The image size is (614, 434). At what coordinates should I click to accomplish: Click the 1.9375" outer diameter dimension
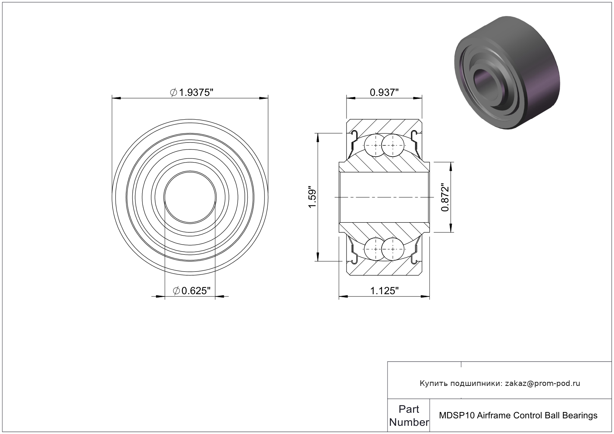point(191,92)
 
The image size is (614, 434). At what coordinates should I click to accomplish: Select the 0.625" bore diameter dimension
point(192,291)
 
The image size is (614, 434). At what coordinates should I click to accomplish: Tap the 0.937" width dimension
point(384,92)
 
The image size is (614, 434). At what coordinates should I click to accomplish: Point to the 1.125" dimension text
point(384,291)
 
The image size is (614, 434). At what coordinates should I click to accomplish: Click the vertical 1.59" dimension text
point(312,198)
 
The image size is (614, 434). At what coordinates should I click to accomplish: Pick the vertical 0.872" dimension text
point(445,197)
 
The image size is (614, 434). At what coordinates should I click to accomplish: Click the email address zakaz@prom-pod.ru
point(542,383)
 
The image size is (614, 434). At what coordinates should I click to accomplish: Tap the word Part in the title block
point(409,409)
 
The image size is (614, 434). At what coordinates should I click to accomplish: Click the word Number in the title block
point(409,422)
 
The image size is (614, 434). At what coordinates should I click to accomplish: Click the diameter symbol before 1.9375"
point(173,92)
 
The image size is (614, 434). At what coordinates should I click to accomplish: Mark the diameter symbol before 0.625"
point(176,291)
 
